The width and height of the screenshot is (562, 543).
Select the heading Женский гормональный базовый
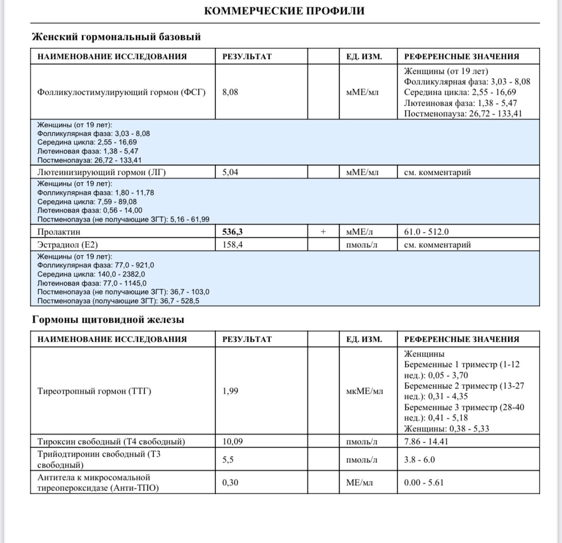115,37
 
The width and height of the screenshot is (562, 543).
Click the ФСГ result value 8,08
230,92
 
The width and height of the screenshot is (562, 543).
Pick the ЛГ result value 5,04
230,173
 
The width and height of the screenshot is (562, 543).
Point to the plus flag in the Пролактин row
323,232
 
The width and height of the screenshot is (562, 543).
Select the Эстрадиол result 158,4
233,245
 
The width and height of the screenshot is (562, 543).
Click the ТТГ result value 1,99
230,391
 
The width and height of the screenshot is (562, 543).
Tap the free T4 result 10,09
233,441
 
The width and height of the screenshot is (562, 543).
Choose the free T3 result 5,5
228,460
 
